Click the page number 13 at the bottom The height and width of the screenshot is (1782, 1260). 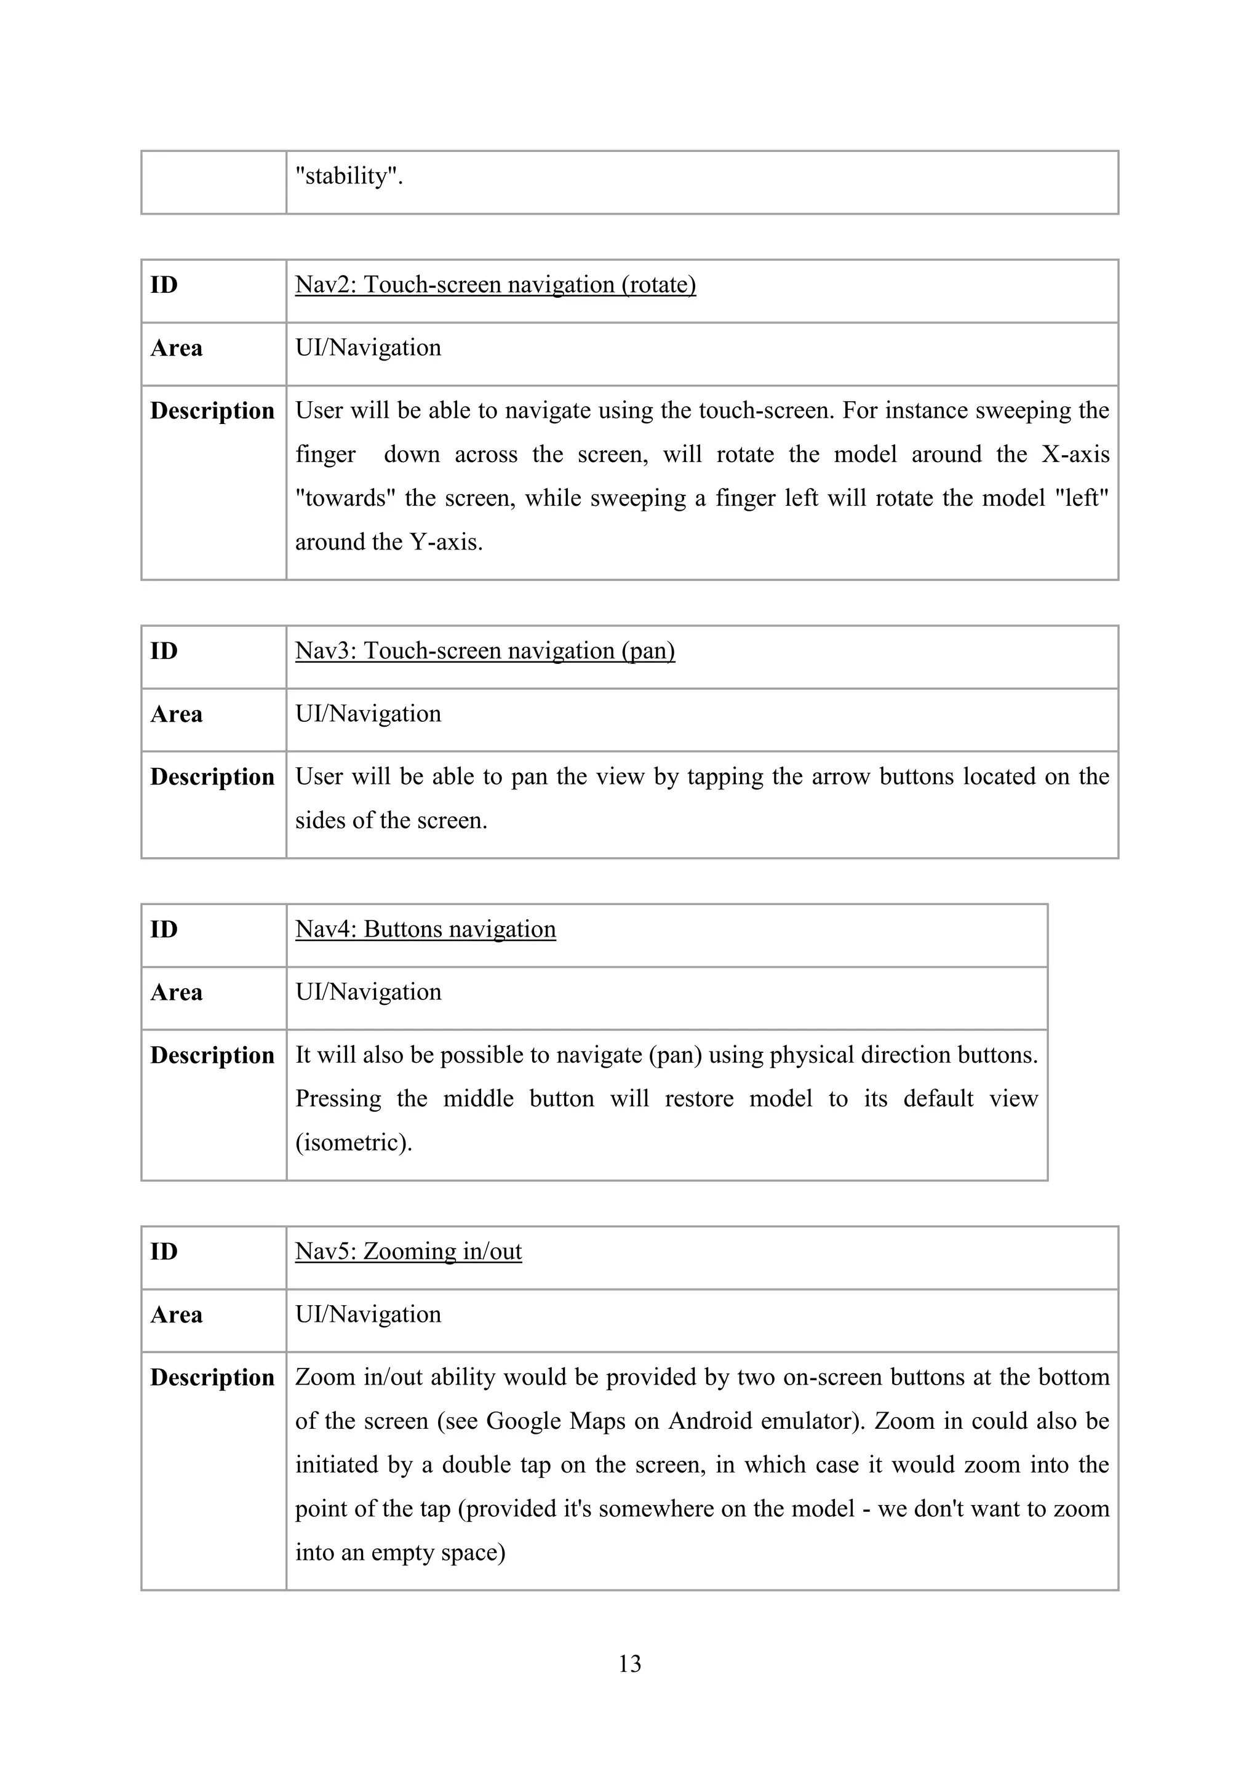629,1663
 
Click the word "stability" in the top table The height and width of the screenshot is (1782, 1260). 347,176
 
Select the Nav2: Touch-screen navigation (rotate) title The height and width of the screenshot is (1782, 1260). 495,285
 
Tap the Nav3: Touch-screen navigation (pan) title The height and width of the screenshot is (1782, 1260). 485,650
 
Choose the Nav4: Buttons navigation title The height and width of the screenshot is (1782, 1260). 425,929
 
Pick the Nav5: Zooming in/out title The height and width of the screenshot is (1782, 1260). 408,1251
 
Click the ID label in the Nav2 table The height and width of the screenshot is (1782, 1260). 164,285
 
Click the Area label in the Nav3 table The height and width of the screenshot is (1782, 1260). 176,714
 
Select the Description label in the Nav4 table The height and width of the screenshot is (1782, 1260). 212,1055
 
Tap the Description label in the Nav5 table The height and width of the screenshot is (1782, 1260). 212,1378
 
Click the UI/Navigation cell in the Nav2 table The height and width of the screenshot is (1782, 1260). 368,348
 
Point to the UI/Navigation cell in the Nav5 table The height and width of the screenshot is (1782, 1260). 368,1314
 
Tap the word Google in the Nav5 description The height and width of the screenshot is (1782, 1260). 523,1421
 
